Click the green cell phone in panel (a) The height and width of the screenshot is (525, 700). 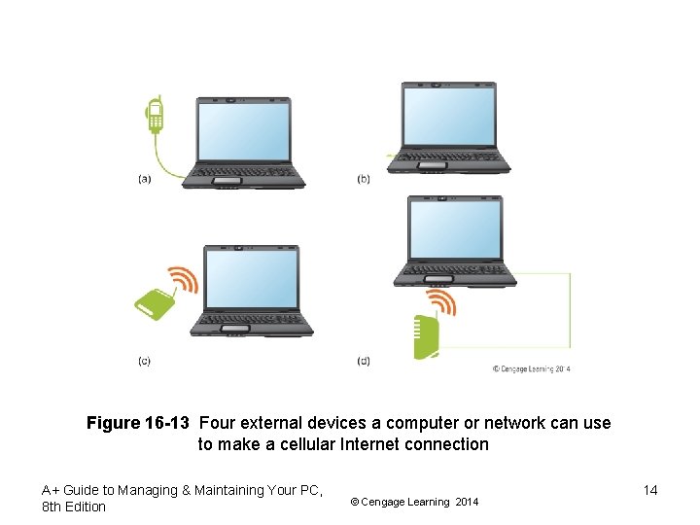pos(154,116)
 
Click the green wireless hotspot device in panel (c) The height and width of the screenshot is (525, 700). pos(153,305)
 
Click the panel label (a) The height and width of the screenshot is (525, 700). pos(145,178)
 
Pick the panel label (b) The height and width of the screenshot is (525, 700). pos(364,179)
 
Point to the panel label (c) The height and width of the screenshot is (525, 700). pos(144,361)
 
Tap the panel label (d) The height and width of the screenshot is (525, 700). pos(364,361)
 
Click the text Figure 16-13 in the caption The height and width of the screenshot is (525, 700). pos(139,424)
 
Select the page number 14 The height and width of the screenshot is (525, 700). pos(650,490)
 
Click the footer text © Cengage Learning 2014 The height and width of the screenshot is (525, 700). pos(414,502)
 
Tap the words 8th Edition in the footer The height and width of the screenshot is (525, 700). pos(74,507)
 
